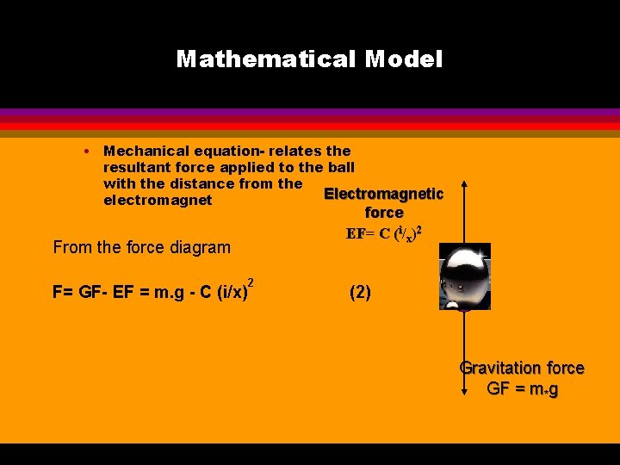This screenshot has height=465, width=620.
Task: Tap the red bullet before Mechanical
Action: point(89,151)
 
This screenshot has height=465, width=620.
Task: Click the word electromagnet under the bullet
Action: point(158,200)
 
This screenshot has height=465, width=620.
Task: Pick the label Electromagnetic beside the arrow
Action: point(383,194)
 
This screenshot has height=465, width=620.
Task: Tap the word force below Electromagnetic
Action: point(384,212)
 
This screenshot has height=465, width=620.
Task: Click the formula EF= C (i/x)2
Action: point(383,232)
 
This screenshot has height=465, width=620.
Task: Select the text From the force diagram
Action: point(142,248)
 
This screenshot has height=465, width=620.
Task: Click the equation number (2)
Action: point(360,292)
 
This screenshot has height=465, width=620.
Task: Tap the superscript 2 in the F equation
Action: point(251,282)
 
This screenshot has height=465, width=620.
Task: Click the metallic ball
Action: point(465,276)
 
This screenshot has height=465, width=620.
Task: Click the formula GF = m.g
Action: point(522,388)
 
